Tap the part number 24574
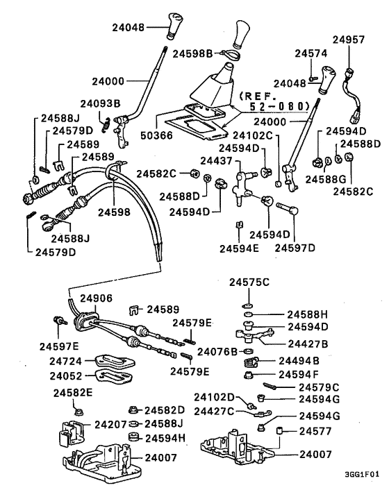[x=310, y=53]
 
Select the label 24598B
[x=194, y=52]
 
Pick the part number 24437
[x=215, y=160]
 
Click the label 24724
[x=67, y=361]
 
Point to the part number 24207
[x=111, y=423]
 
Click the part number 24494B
[x=298, y=361]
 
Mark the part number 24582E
[x=73, y=393]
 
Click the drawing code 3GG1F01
[x=361, y=476]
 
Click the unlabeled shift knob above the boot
[x=242, y=33]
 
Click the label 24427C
[x=213, y=412]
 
